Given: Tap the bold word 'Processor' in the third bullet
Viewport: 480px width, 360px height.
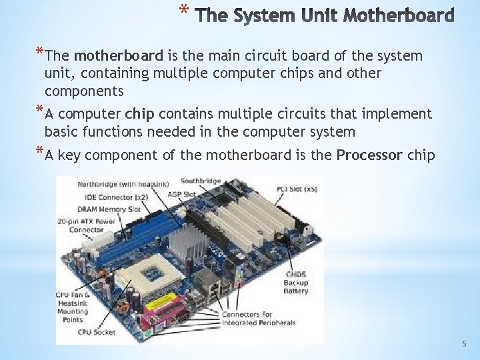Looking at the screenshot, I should (x=369, y=155).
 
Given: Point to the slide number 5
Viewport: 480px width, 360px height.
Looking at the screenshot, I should (x=465, y=344).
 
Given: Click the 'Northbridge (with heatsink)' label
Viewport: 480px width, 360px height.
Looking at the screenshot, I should (x=122, y=183).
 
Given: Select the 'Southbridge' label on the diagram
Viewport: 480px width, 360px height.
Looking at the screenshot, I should (x=201, y=181).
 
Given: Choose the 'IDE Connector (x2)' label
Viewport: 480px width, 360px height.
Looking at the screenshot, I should (x=117, y=197).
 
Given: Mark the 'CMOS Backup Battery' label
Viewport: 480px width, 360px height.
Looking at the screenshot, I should (x=295, y=283).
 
